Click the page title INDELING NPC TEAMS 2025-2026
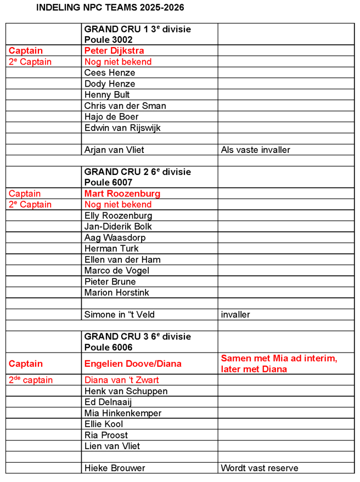click(110, 8)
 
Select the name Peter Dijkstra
click(114, 51)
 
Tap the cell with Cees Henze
click(110, 73)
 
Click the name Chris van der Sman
click(125, 106)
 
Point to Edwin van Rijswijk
click(122, 128)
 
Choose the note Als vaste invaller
click(255, 150)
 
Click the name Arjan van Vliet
click(114, 150)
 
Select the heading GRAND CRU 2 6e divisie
click(138, 172)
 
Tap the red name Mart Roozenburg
click(122, 194)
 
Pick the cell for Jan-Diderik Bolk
click(118, 226)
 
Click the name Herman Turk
click(111, 248)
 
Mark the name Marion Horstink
click(116, 292)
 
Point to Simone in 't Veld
click(120, 314)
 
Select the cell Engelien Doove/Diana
click(133, 364)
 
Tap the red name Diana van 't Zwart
click(122, 380)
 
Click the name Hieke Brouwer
click(114, 468)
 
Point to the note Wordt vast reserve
click(260, 468)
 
